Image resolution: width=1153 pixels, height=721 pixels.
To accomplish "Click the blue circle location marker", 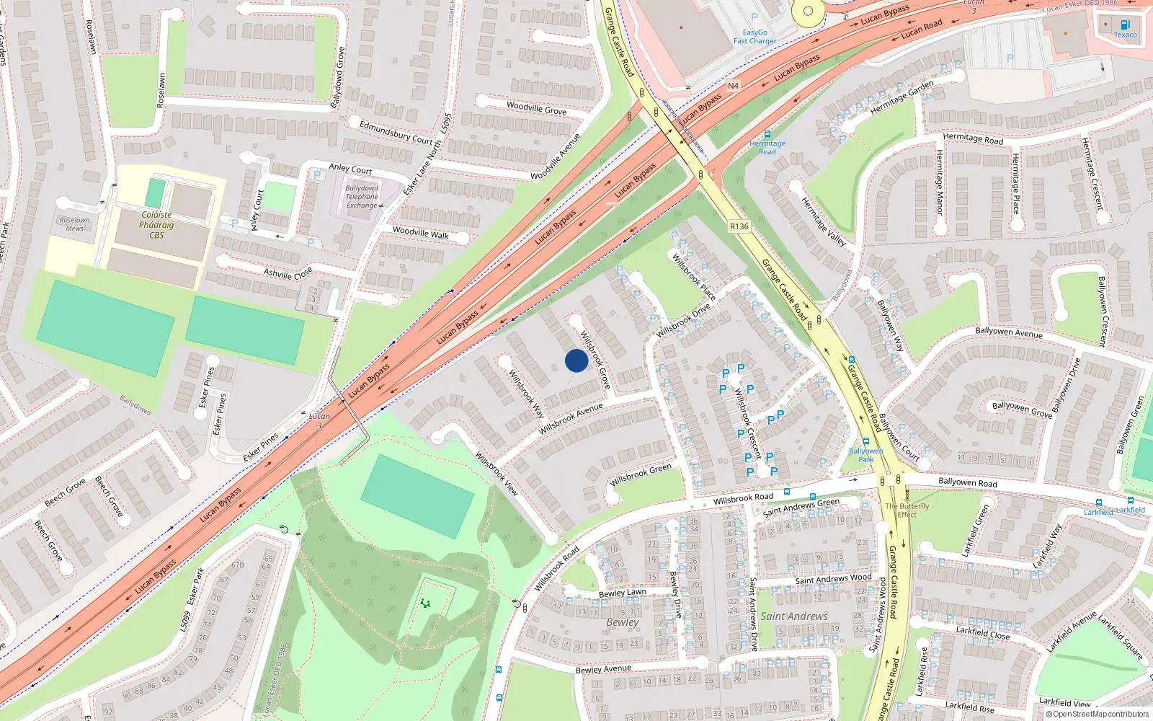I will [x=576, y=360].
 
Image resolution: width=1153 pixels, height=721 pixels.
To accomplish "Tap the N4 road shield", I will [x=733, y=86].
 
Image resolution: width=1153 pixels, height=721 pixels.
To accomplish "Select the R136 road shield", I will [x=739, y=226].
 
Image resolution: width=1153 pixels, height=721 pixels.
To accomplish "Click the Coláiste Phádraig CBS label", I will [x=156, y=225].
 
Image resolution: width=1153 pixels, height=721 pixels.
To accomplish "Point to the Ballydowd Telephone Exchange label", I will [x=362, y=197].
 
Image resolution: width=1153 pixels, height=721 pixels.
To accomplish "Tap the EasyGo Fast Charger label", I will [x=754, y=37].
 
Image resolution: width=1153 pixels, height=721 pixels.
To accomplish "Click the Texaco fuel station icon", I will [x=1126, y=25].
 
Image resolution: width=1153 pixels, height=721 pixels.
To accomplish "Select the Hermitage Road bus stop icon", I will [x=767, y=134].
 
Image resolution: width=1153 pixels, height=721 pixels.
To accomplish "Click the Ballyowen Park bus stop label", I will [x=865, y=455].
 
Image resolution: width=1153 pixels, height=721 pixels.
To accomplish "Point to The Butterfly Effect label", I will [x=907, y=510].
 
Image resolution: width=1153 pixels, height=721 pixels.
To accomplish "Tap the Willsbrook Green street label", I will [x=641, y=474].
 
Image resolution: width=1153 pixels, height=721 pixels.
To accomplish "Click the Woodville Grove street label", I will [x=536, y=108].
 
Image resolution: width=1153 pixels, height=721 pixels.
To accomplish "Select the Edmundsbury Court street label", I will [x=396, y=132].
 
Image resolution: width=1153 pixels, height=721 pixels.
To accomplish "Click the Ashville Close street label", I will [x=288, y=273].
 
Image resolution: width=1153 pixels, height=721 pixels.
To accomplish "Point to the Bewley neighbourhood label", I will [x=623, y=622].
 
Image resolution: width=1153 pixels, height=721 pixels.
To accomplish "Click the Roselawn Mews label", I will [x=75, y=224].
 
